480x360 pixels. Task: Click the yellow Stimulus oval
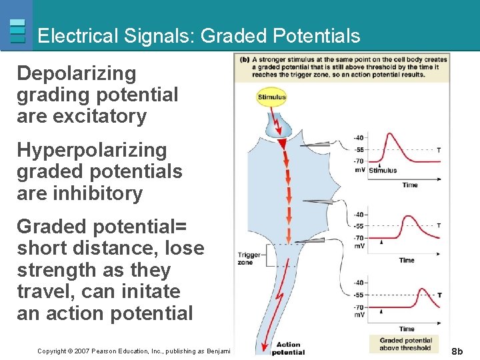pyautogui.click(x=271, y=97)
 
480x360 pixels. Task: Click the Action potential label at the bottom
pyautogui.click(x=288, y=348)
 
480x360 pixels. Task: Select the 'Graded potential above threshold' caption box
pyautogui.click(x=405, y=344)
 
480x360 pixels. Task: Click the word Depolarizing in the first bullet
pyautogui.click(x=76, y=73)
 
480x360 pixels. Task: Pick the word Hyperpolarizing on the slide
pyautogui.click(x=91, y=151)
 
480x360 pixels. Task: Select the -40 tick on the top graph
pyautogui.click(x=359, y=138)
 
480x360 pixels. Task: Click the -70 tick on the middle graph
pyautogui.click(x=359, y=237)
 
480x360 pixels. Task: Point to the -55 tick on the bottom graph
pyautogui.click(x=359, y=295)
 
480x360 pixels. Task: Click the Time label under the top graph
pyautogui.click(x=410, y=185)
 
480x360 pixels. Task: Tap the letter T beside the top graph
pyautogui.click(x=438, y=150)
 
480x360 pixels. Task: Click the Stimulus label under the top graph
pyautogui.click(x=383, y=170)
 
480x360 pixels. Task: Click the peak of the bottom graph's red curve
pyautogui.click(x=421, y=289)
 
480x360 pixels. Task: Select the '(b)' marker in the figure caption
pyautogui.click(x=245, y=59)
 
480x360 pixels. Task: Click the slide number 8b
pyautogui.click(x=457, y=351)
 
